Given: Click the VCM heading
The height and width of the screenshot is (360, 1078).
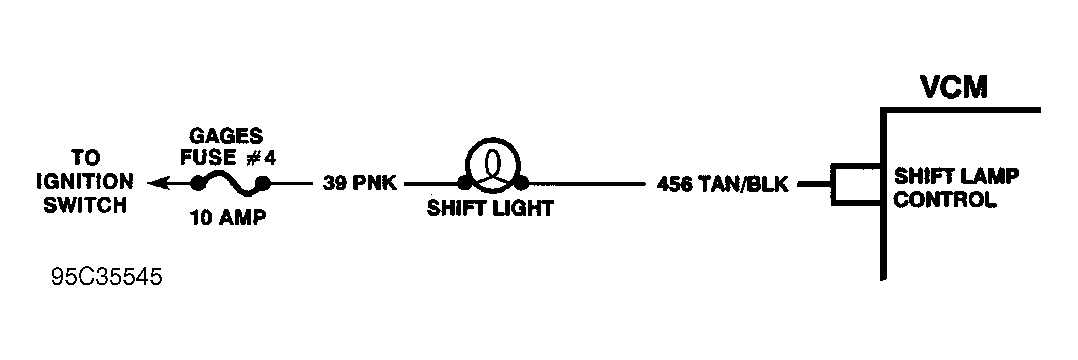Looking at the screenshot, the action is pyautogui.click(x=954, y=87).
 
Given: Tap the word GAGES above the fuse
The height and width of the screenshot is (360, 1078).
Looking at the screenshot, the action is pyautogui.click(x=226, y=136).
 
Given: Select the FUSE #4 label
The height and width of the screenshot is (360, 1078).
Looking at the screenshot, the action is pyautogui.click(x=228, y=158).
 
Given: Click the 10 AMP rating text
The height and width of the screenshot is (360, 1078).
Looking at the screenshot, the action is pyautogui.click(x=228, y=218).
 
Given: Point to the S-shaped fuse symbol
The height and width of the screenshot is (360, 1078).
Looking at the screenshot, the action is pyautogui.click(x=230, y=184).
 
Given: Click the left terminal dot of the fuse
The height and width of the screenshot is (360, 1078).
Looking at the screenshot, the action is pyautogui.click(x=197, y=183).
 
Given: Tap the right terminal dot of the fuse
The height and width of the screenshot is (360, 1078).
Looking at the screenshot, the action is pyautogui.click(x=263, y=183).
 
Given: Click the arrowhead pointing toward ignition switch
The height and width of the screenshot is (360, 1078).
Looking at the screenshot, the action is pyautogui.click(x=157, y=183).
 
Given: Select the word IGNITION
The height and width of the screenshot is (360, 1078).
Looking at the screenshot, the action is pyautogui.click(x=85, y=182).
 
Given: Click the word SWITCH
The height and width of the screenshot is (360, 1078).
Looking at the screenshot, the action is pyautogui.click(x=85, y=205).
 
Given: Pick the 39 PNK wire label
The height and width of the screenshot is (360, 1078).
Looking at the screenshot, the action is pyautogui.click(x=360, y=184).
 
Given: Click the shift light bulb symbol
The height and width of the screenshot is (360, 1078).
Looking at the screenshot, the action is pyautogui.click(x=493, y=165).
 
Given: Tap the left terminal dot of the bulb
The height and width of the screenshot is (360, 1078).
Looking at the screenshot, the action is pyautogui.click(x=465, y=183).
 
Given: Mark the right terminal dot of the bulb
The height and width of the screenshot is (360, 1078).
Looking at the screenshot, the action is pyautogui.click(x=522, y=183).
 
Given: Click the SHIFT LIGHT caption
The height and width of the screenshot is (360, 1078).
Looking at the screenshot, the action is pyautogui.click(x=490, y=209).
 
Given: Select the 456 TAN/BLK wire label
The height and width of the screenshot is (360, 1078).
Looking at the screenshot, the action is pyautogui.click(x=723, y=185).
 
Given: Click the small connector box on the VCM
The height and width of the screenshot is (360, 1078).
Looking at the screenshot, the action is pyautogui.click(x=855, y=185).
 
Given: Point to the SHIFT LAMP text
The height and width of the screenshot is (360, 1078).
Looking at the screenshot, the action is pyautogui.click(x=956, y=177).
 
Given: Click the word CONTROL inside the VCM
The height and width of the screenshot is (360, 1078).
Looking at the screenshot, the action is pyautogui.click(x=945, y=200).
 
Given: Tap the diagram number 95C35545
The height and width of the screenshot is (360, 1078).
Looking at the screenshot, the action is pyautogui.click(x=107, y=278).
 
